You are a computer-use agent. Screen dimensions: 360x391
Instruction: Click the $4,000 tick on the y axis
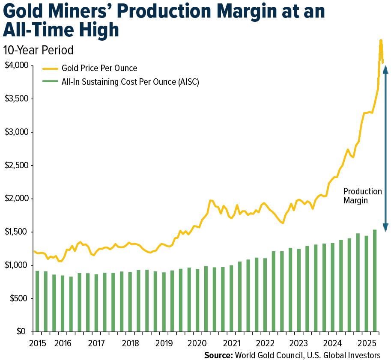pos(15,65)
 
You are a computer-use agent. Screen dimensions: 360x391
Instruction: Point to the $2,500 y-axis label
pos(15,165)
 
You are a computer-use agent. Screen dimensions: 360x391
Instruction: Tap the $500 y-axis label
pos(18,298)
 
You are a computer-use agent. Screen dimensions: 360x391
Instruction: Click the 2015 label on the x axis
pos(38,343)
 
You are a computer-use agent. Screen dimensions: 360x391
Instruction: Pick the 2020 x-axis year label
pos(197,343)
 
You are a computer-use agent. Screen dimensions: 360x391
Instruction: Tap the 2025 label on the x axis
pos(367,343)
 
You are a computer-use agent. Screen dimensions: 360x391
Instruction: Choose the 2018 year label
pos(130,343)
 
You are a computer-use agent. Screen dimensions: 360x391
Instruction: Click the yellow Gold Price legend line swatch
pos(51,68)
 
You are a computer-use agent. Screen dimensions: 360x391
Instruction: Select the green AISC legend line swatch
pos(51,81)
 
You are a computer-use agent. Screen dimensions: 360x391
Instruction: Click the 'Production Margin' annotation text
pos(362,196)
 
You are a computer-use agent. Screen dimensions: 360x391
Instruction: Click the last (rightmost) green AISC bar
pos(375,280)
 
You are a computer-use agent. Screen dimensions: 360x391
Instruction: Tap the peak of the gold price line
pos(380,41)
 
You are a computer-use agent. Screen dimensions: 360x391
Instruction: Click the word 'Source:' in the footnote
pos(218,355)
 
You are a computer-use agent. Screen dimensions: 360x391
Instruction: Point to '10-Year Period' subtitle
pos(38,50)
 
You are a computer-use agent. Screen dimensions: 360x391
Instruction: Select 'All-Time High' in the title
pos(61,30)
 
